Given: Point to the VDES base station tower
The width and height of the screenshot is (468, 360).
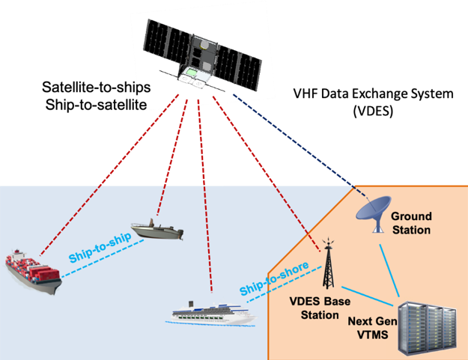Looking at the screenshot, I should [327, 266].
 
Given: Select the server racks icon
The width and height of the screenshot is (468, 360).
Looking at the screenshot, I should [428, 325].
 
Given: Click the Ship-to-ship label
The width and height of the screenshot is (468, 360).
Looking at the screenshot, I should [100, 248].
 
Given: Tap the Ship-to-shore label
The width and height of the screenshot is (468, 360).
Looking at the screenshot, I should [270, 281].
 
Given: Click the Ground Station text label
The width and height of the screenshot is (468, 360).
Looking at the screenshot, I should [411, 223].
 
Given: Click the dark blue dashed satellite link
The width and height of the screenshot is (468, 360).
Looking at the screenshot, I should [300, 142].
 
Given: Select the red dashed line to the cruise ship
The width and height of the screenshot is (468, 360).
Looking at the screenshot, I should [204, 195].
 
